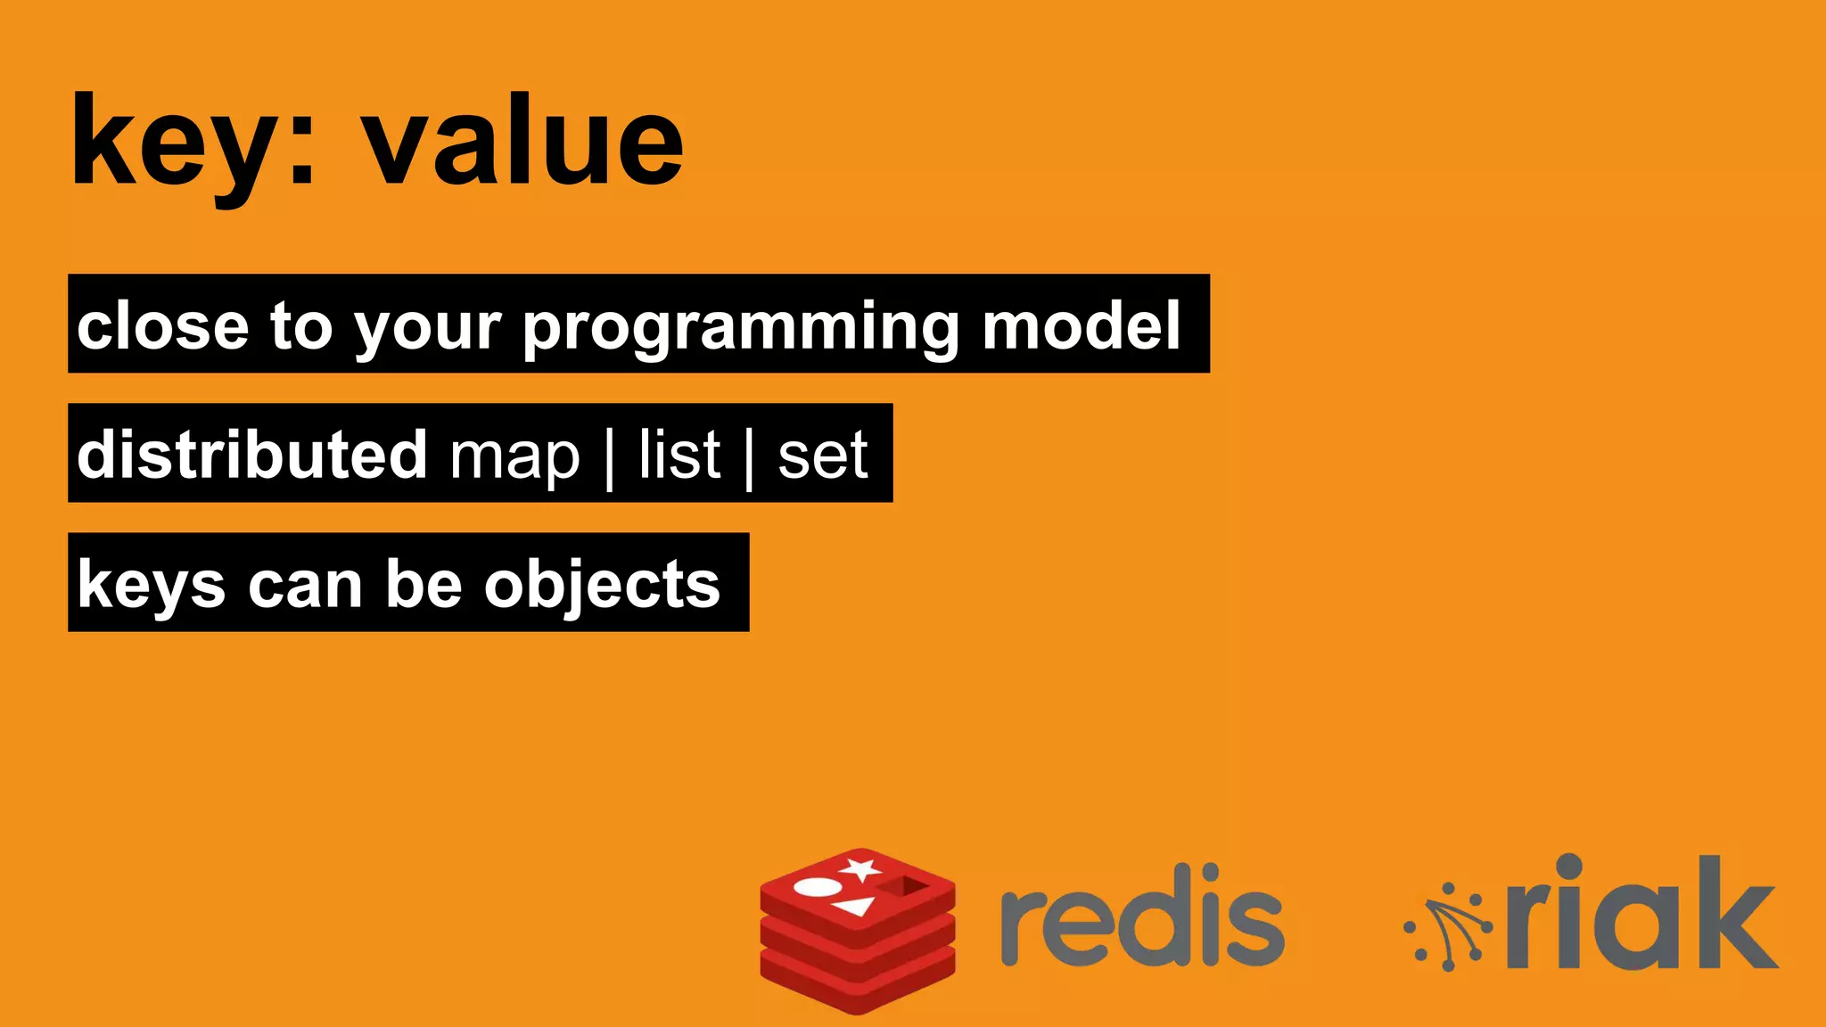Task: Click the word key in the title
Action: click(169, 143)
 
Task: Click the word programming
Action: click(739, 327)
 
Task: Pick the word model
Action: click(1081, 325)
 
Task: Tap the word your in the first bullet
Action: click(427, 330)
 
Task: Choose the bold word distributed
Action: click(252, 454)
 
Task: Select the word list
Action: click(679, 454)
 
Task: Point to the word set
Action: click(822, 456)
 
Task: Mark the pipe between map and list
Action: click(609, 456)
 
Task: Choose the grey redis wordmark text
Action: click(1142, 916)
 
